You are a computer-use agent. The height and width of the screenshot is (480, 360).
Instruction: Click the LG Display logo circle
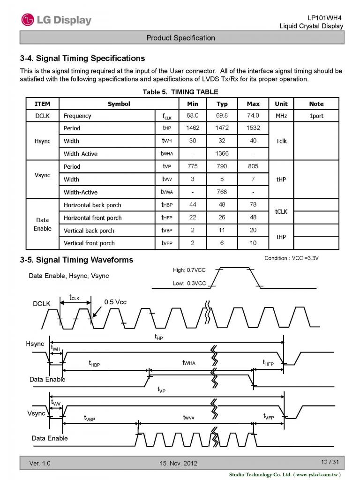coord(28,20)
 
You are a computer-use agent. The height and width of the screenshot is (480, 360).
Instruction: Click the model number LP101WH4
coord(325,17)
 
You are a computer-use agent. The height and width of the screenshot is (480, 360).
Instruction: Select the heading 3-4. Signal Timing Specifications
coord(82,59)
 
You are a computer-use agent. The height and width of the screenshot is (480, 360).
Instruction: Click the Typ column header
coord(222,104)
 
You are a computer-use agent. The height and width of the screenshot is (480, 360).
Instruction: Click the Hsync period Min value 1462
coord(193,128)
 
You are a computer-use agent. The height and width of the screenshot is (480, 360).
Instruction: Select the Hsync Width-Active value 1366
coord(222,153)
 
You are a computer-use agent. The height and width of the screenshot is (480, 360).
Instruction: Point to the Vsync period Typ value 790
coord(222,166)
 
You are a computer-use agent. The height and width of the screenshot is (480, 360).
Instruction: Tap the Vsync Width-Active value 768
coord(222,192)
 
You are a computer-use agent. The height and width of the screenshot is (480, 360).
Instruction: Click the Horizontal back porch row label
coord(92,205)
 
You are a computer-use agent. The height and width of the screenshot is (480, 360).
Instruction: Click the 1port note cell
coord(316,116)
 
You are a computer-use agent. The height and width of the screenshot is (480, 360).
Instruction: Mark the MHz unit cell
coord(281,116)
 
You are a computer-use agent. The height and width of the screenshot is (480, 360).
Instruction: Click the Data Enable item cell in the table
coord(42,224)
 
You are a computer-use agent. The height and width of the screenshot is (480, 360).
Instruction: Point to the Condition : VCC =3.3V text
coord(295,258)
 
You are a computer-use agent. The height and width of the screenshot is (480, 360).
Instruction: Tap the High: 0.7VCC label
coord(189,270)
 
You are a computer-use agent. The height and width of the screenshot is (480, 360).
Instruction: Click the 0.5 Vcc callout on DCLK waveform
coord(115,302)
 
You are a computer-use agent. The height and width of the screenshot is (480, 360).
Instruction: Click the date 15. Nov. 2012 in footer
coord(179,464)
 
